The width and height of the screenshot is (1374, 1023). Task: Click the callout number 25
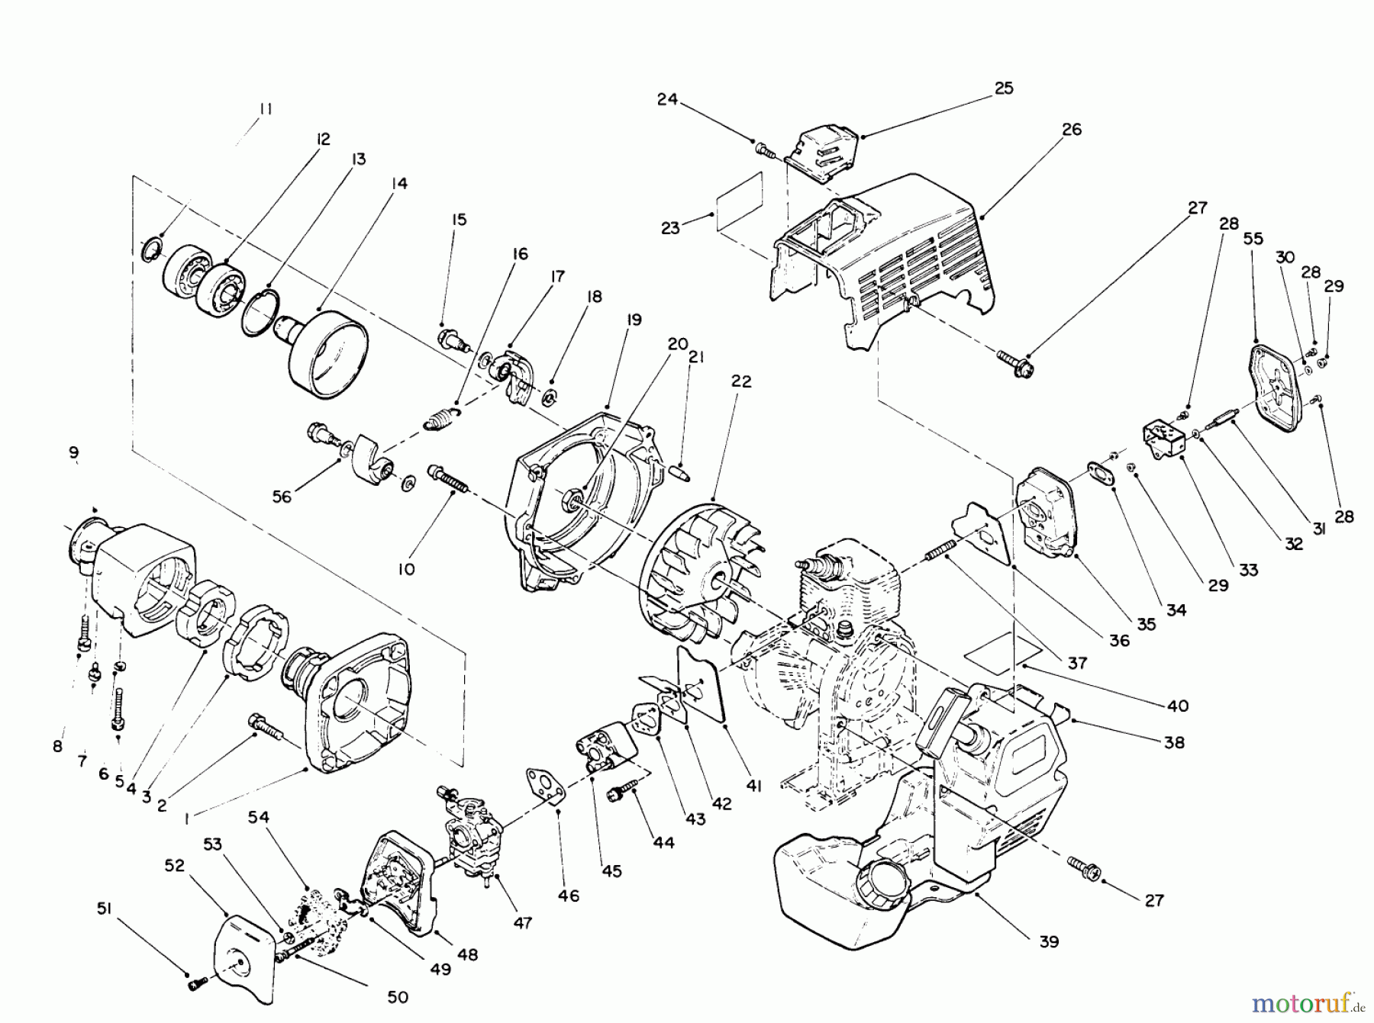1004,88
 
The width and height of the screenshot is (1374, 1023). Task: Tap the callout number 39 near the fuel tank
1050,942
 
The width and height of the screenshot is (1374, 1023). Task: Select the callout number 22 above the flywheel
741,381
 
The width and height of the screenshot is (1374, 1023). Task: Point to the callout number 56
282,497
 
